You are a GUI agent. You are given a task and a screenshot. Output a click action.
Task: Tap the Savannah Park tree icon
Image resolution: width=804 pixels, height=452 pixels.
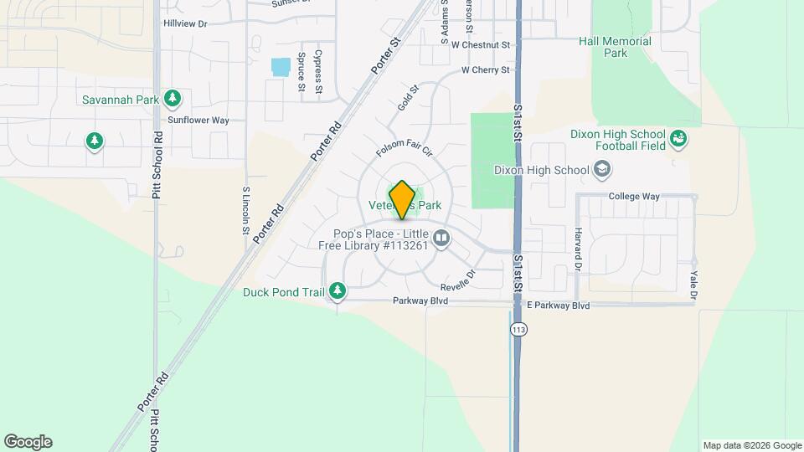tap(173, 99)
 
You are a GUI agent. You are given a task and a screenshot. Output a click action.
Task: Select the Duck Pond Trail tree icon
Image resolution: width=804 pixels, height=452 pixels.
tap(338, 291)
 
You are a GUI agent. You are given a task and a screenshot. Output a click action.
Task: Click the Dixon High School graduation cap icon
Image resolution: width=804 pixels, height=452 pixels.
tap(601, 170)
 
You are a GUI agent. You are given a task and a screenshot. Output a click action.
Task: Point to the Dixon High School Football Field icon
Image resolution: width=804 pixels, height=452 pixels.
tap(678, 139)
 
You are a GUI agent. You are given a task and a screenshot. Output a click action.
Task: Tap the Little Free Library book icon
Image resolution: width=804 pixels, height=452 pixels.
tap(441, 239)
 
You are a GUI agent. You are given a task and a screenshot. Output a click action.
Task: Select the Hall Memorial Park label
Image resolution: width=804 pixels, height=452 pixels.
tap(615, 47)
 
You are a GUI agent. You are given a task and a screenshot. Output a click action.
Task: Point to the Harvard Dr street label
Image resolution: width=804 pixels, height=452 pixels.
tap(578, 249)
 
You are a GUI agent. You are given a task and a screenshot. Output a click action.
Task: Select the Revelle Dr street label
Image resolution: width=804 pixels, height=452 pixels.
tap(457, 274)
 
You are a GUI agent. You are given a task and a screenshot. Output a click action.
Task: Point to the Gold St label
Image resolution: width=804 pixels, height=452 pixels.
tap(408, 101)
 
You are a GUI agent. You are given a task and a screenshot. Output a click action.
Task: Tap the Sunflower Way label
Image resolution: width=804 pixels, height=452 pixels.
tap(198, 121)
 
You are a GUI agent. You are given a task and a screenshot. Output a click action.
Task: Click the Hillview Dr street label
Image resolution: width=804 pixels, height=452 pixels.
tap(185, 23)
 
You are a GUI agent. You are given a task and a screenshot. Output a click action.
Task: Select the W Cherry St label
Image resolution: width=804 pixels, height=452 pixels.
tap(486, 70)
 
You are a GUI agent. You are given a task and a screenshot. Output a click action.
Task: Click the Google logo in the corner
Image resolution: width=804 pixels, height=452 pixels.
tap(28, 442)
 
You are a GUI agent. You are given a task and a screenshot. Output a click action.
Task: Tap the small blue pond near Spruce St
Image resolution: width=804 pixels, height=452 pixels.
tap(281, 65)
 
